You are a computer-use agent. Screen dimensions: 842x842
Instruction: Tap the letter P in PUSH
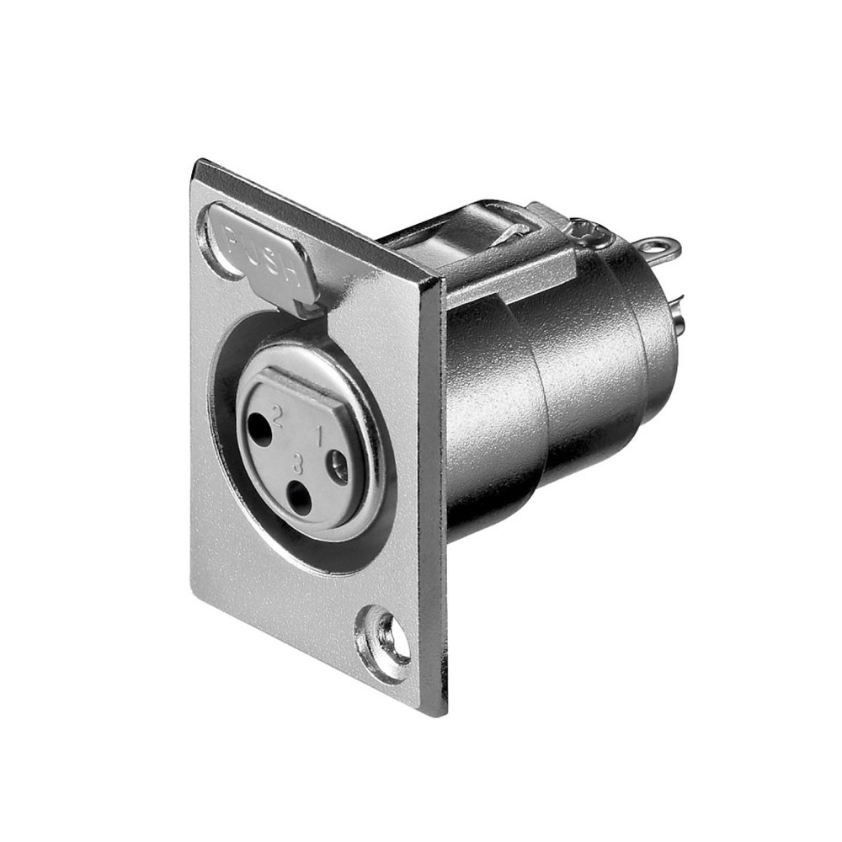232,237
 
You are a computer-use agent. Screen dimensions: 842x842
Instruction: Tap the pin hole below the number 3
299,498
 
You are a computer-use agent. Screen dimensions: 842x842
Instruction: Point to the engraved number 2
278,415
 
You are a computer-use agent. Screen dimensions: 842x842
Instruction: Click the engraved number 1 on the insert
318,436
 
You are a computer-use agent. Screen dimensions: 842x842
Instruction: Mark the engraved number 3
298,463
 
